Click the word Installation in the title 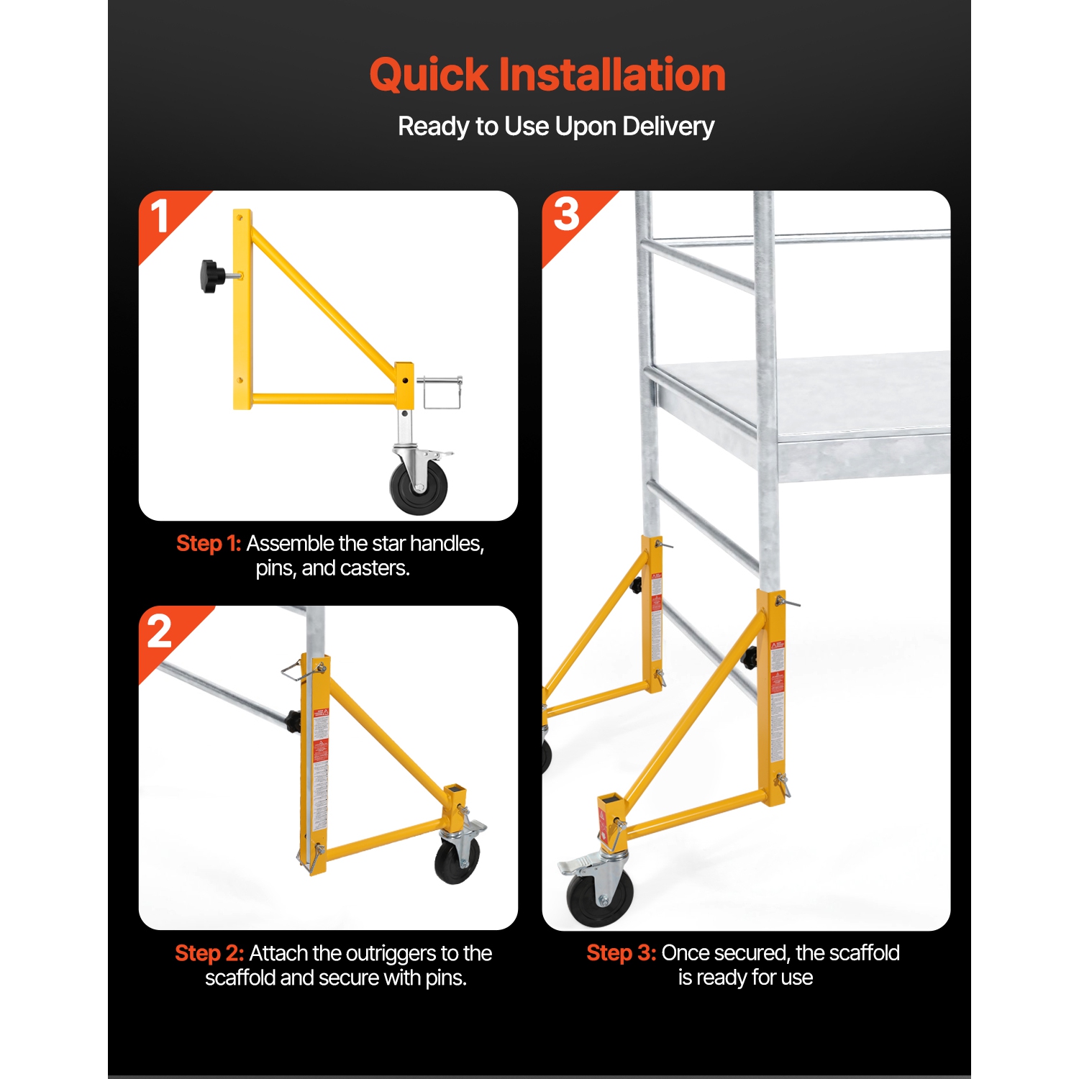tap(611, 75)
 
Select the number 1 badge tap(160, 217)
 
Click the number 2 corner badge tap(160, 632)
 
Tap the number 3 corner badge tap(566, 214)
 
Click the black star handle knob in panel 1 tap(211, 276)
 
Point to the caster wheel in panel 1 tap(419, 488)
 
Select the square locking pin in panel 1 tap(440, 392)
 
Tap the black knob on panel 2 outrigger tap(293, 721)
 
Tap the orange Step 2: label tap(209, 953)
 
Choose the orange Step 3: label tap(621, 953)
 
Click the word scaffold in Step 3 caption tap(864, 953)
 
